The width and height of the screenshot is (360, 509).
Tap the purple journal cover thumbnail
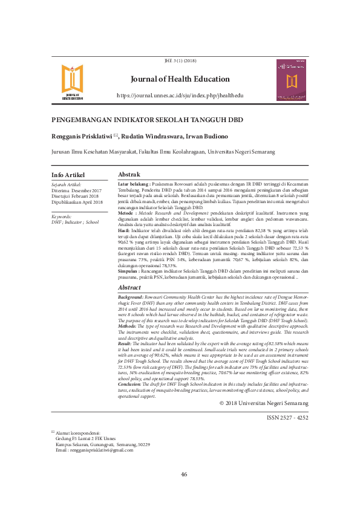[292, 79]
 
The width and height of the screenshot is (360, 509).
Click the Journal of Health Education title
[180, 79]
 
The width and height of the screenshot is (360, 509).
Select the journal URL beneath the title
[180, 96]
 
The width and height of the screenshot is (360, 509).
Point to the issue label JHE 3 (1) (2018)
[180, 62]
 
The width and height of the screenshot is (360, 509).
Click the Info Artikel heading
[68, 175]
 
